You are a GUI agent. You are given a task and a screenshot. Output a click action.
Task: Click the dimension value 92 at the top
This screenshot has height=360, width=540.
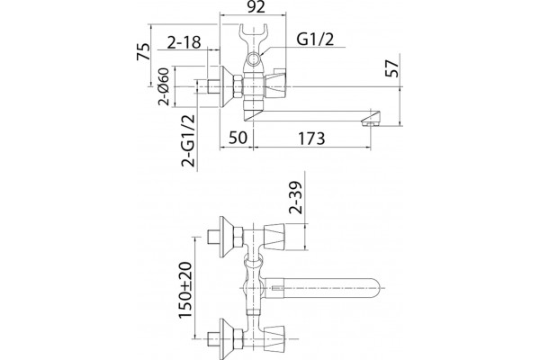[256, 7]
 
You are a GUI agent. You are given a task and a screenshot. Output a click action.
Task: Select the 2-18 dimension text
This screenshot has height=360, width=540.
[184, 42]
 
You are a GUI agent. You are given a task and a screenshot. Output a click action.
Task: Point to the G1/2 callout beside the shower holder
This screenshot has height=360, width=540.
[316, 40]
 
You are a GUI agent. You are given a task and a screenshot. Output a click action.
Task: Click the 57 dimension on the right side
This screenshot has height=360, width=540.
[392, 68]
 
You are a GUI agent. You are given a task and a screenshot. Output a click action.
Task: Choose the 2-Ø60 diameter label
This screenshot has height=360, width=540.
[164, 86]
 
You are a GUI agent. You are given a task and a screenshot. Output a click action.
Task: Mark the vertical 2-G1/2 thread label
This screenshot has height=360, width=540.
[188, 140]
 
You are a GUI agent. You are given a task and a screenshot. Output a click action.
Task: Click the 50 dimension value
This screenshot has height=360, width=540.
[238, 138]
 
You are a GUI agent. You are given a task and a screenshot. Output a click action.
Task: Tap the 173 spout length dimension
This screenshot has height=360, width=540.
[311, 139]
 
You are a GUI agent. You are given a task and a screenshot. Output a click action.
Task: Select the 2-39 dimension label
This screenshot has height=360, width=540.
[296, 197]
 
